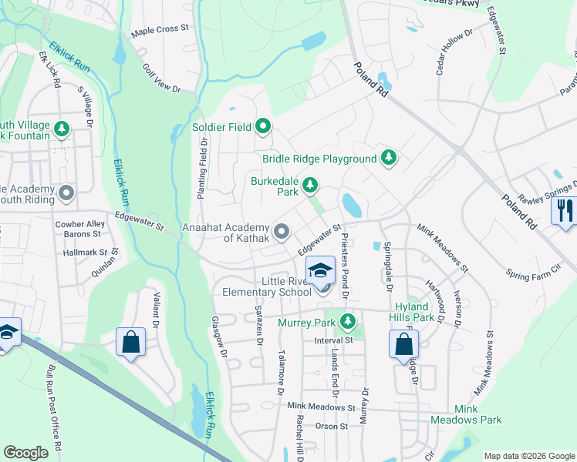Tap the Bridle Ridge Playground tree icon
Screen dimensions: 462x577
[x=390, y=159]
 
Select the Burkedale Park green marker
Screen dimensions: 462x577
[x=310, y=185]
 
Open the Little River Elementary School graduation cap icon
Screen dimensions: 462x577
[x=320, y=271]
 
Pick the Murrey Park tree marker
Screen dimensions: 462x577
[x=349, y=320]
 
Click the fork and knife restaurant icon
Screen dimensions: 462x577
[x=565, y=210]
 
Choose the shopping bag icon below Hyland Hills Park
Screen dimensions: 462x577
[x=403, y=343]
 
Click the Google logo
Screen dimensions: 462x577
[x=25, y=453]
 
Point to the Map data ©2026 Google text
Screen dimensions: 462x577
[x=528, y=456]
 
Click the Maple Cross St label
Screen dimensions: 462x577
[x=160, y=28]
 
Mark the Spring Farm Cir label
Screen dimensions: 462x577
[x=531, y=273]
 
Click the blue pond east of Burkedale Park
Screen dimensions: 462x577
[x=351, y=205]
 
